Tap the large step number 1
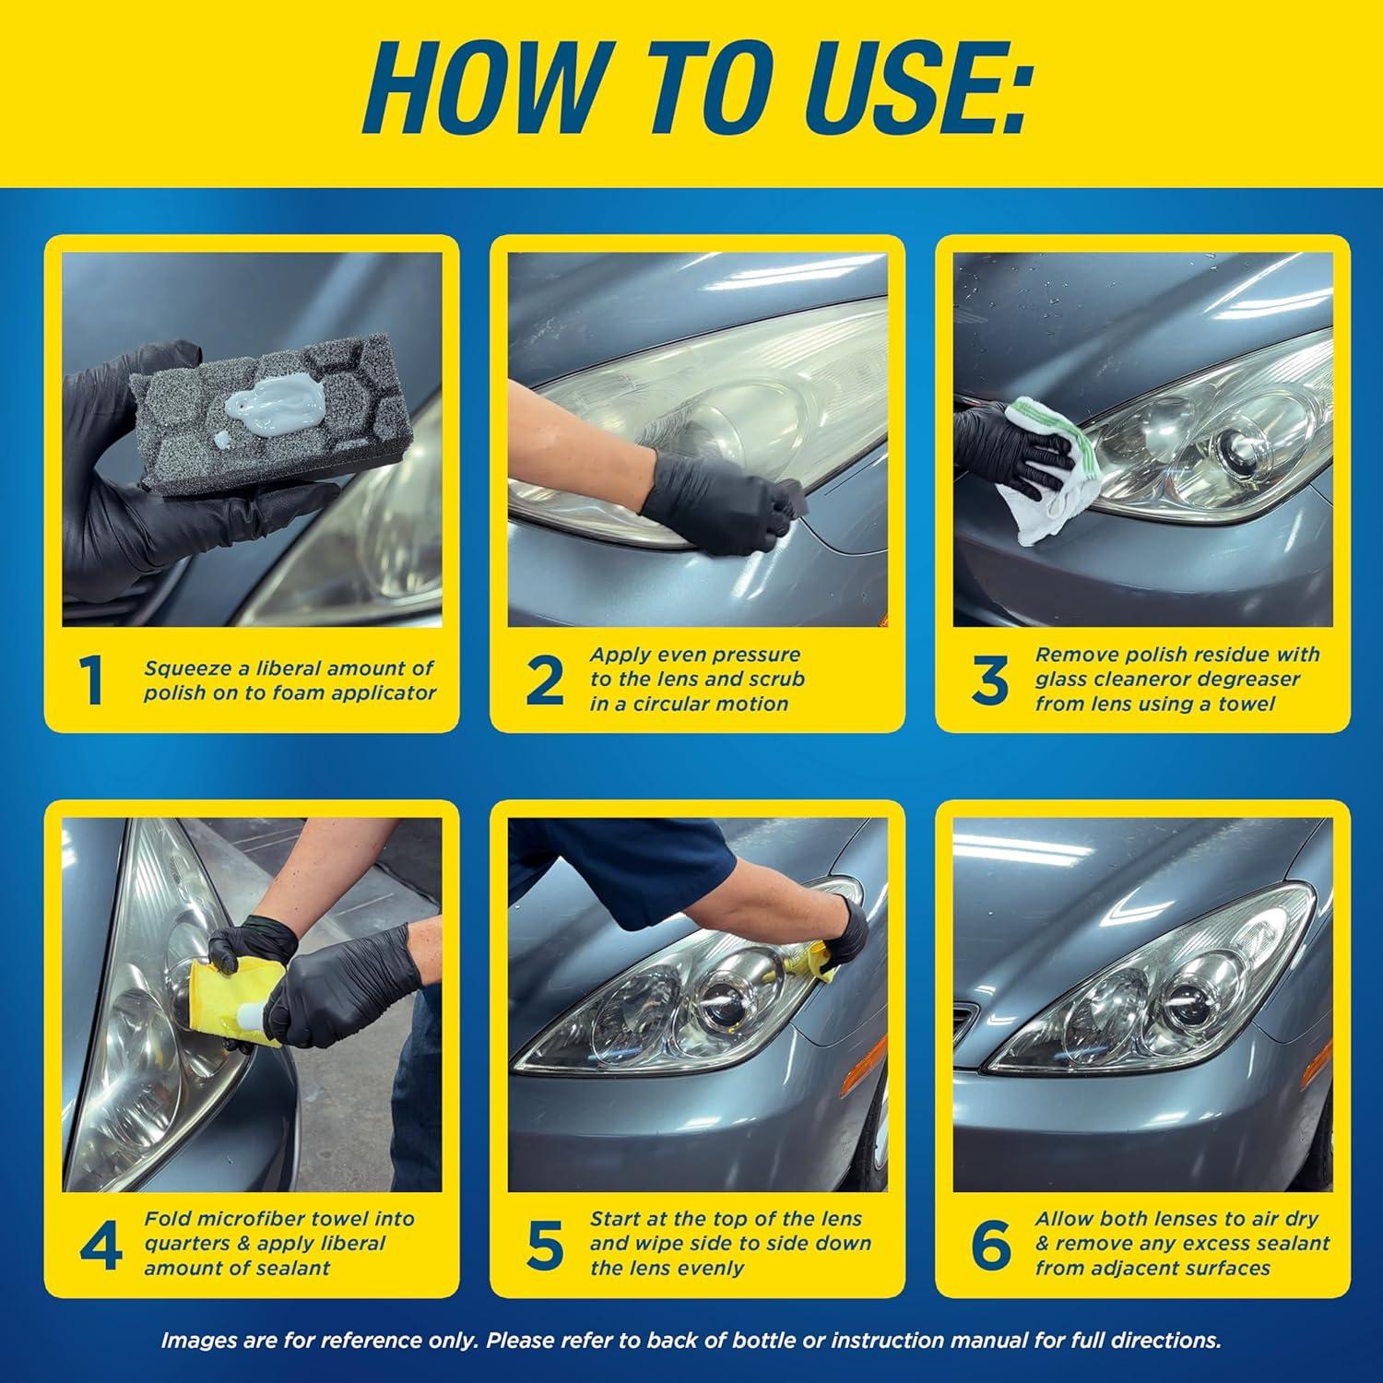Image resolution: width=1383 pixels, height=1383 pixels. click(x=92, y=682)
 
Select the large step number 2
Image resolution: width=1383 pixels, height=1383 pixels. click(x=544, y=682)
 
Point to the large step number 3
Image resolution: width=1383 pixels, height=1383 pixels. click(x=989, y=682)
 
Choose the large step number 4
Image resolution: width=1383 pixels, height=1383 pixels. click(x=100, y=1245)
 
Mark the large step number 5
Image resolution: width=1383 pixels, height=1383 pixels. click(x=545, y=1245)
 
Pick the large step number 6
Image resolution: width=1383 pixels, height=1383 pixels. click(x=991, y=1245)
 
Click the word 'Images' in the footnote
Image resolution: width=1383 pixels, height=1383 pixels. click(x=195, y=1341)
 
